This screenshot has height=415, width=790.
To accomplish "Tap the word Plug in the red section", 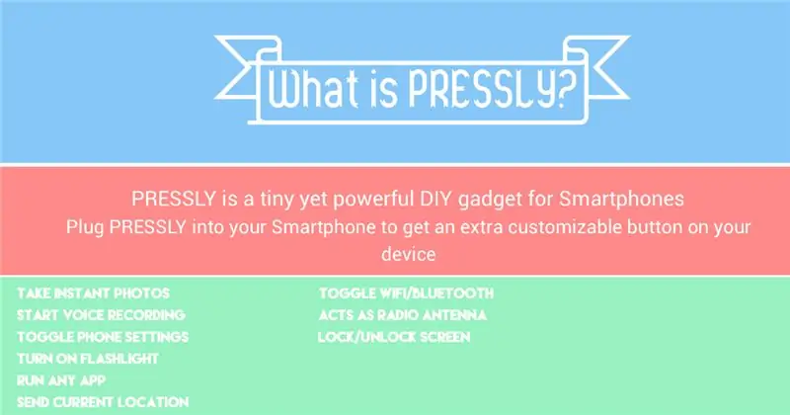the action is pos(85,227).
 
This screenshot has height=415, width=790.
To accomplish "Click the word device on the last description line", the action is pos(408,254).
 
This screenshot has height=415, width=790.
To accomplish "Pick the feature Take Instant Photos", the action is pos(93,293).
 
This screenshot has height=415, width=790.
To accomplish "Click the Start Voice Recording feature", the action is pos(101,315).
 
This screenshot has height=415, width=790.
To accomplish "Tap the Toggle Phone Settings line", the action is pos(103,337).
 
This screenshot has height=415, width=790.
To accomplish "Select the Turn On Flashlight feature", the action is pos(88,359).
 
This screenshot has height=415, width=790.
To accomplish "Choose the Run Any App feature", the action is pos(61,380).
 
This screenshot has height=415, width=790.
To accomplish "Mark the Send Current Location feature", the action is pos(103,402).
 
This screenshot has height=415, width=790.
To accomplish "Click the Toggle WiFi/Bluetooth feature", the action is pos(406,293).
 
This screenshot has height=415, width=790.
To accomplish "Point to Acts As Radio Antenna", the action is pos(403,315).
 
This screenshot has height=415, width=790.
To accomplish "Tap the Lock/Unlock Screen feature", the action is pos(394,337).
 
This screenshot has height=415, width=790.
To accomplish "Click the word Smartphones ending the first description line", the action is pos(622,200).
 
